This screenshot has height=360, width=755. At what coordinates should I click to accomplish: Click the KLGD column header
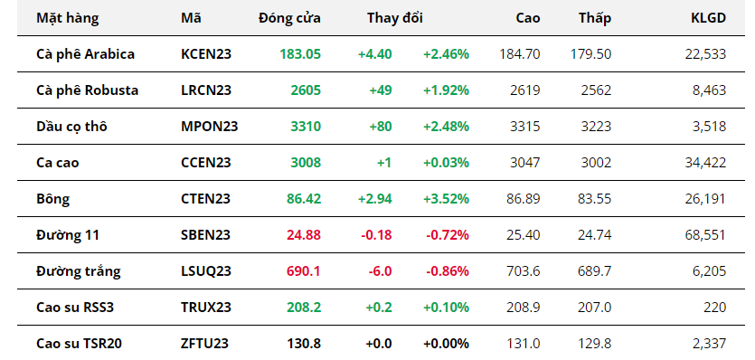708,18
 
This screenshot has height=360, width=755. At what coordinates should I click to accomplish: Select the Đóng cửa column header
289,18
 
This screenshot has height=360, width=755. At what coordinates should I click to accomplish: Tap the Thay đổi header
395,18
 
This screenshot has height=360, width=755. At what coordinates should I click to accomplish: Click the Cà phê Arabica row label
85,54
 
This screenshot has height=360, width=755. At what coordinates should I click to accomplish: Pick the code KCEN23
206,54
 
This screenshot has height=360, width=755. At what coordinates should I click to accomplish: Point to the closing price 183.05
300,54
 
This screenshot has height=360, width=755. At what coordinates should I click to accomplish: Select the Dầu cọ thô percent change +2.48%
446,127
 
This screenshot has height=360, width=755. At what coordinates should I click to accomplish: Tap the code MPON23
210,127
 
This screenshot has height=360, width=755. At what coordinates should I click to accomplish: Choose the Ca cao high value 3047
525,163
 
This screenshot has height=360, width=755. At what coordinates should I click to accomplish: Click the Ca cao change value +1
384,163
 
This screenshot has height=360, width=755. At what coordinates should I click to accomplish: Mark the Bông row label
53,200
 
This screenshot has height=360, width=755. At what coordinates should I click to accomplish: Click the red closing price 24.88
304,235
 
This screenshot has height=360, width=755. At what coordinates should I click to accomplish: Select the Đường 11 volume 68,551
705,235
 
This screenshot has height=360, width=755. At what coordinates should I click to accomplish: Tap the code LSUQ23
206,271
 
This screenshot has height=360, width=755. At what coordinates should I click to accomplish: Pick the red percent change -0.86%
448,271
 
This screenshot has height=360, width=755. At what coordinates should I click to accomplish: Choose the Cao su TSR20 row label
79,344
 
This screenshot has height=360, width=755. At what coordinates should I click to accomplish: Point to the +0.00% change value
446,344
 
